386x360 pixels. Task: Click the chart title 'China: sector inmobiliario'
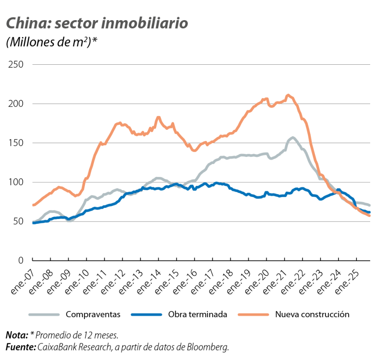pos(96,24)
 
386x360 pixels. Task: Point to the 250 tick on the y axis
pos(15,65)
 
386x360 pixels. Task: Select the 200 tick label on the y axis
pos(15,104)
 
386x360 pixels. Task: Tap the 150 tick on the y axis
pos(15,143)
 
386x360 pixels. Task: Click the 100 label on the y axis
pos(15,182)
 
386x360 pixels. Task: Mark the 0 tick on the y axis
pos(20,261)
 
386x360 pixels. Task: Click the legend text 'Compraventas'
pos(93,315)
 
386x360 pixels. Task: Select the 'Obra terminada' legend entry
pos(198,315)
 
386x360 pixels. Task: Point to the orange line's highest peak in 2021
pos(288,95)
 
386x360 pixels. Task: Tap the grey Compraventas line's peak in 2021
pos(293,138)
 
